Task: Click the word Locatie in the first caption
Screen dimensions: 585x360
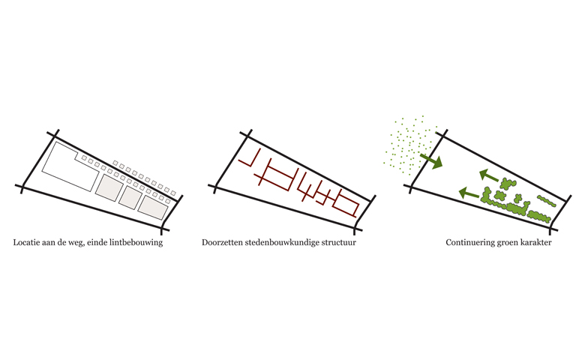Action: (25, 242)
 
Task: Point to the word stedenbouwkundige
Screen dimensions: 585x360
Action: (282, 243)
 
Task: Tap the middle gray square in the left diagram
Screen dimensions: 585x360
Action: (130, 197)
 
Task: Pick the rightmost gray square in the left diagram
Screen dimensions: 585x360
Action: (153, 208)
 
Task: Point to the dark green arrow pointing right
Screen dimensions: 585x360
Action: (431, 160)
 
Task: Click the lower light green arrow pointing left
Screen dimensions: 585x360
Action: (469, 193)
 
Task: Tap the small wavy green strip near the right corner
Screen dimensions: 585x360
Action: (547, 201)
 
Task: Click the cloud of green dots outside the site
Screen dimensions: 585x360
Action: (409, 145)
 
